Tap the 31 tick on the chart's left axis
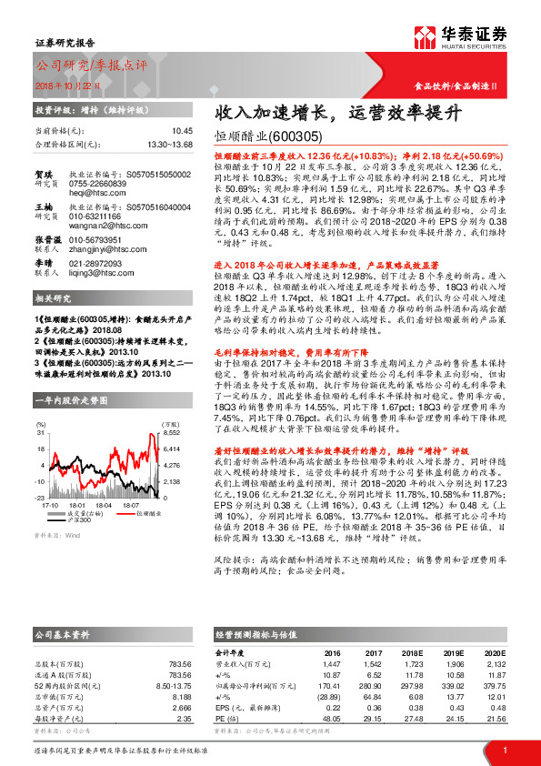click(41, 435)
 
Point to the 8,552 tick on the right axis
click(171, 435)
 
